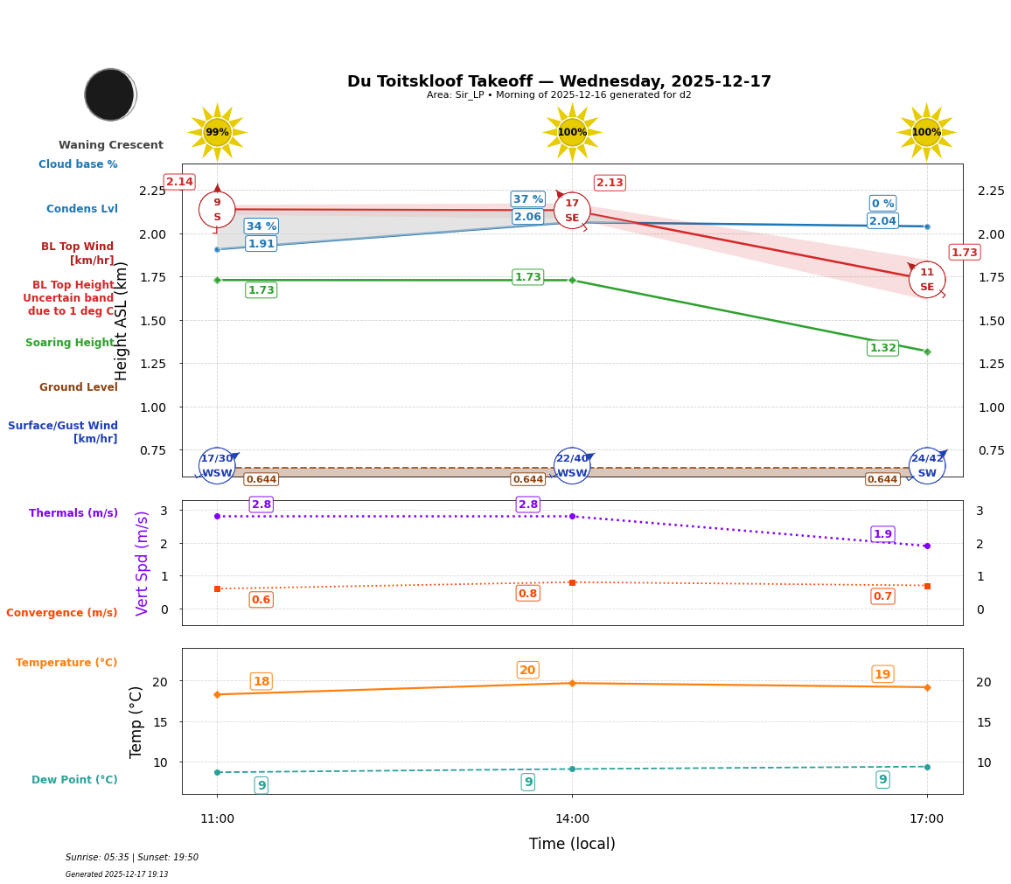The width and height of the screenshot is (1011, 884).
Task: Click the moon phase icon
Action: [x=110, y=94]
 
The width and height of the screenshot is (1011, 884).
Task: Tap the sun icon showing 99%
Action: [x=217, y=132]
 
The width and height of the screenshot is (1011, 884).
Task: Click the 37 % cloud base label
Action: [x=528, y=199]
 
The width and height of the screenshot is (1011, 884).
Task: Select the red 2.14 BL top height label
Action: [x=179, y=182]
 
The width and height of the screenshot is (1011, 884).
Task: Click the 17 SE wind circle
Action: [x=572, y=211]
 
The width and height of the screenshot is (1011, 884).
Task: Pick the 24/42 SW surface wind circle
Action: [x=927, y=466]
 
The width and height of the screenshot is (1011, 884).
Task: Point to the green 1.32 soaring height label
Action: [x=882, y=348]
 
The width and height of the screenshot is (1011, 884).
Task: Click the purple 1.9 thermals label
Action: [x=882, y=534]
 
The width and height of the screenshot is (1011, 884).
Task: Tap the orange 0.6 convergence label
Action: [x=261, y=600]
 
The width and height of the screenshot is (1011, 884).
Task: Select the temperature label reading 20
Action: [x=527, y=671]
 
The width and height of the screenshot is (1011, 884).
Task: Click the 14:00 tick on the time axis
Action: [x=572, y=819]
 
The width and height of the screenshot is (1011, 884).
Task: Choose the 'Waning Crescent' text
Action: [x=111, y=145]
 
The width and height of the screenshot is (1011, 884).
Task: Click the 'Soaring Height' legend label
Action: [x=70, y=343]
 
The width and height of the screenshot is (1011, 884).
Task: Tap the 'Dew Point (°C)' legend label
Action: [x=74, y=780]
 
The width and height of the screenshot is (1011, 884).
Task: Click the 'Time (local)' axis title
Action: [x=572, y=844]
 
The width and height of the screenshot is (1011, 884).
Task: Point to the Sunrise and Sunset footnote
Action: [x=132, y=858]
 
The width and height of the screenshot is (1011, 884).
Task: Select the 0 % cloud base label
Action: [x=882, y=204]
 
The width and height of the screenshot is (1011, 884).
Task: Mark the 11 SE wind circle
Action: [x=927, y=280]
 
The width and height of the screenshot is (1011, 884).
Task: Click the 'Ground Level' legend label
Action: [x=79, y=387]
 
